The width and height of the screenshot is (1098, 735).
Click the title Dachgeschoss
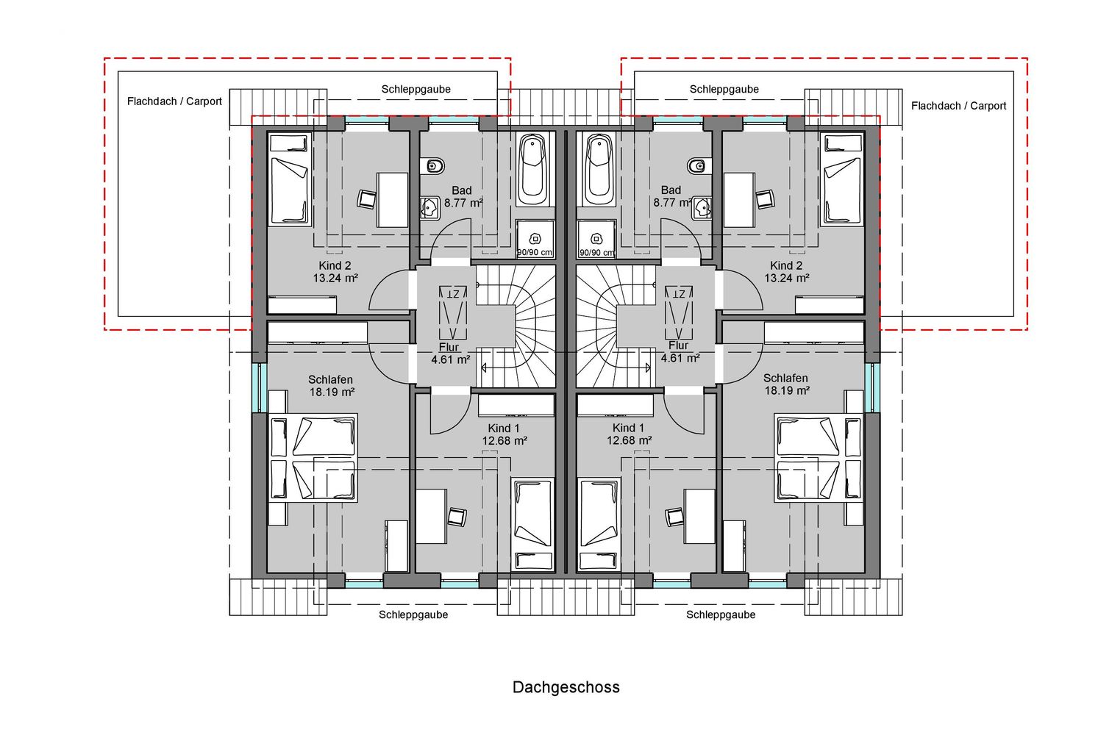pos(566,687)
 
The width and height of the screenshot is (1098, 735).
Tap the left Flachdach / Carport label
pos(174,101)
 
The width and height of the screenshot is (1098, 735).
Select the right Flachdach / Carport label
pos(959,106)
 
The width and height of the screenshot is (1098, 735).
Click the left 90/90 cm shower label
pos(535,253)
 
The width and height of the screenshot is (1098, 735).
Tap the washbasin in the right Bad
pos(702,208)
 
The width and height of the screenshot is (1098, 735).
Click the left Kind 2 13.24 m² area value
pos(335,279)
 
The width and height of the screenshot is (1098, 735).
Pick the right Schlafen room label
pos(785,379)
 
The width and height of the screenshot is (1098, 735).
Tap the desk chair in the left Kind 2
pos(366,199)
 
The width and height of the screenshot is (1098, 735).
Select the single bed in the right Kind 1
pos(599,525)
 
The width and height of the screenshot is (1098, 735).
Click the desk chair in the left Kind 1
pos(457,517)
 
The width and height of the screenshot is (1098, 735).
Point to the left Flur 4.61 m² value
pos(451,359)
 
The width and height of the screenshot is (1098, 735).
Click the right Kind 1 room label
pos(628,428)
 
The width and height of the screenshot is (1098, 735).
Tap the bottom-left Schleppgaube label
pos(413,614)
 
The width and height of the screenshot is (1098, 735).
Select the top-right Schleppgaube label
pos(724,89)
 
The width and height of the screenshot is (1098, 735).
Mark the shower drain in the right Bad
pos(596,239)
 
